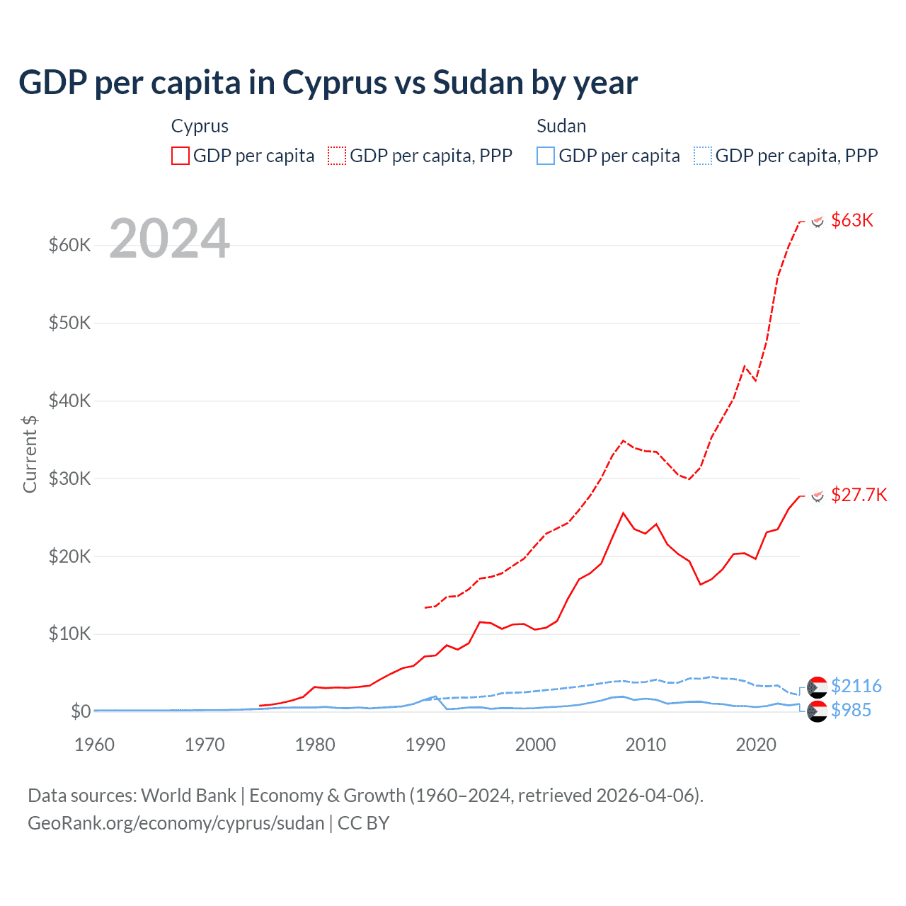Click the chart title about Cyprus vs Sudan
pyautogui.click(x=328, y=83)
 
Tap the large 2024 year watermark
pyautogui.click(x=170, y=239)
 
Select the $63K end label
pyautogui.click(x=852, y=220)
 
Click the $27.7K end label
pyautogui.click(x=859, y=495)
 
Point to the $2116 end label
pyautogui.click(x=856, y=686)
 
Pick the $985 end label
pyautogui.click(x=851, y=710)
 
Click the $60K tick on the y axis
pyautogui.click(x=69, y=246)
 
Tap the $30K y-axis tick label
pyautogui.click(x=69, y=478)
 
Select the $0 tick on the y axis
pyautogui.click(x=81, y=711)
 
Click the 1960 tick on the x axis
pyautogui.click(x=94, y=745)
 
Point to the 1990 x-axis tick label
pyautogui.click(x=425, y=745)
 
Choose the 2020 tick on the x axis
pyautogui.click(x=756, y=745)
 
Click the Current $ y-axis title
pyautogui.click(x=30, y=454)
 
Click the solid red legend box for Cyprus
pyautogui.click(x=180, y=156)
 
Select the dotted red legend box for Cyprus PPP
pyautogui.click(x=337, y=156)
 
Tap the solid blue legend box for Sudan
pyautogui.click(x=546, y=156)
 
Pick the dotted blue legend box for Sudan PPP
pyautogui.click(x=702, y=156)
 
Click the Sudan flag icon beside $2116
pyautogui.click(x=817, y=687)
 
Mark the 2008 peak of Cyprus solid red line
pyautogui.click(x=623, y=513)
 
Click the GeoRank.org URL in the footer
pyautogui.click(x=176, y=823)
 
